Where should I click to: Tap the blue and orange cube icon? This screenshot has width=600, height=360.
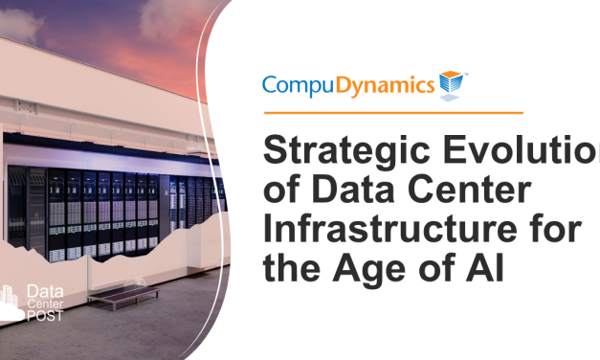[x=450, y=84]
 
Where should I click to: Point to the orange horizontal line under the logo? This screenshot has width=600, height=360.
[x=392, y=113]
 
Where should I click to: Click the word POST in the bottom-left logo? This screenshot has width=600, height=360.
[x=45, y=316]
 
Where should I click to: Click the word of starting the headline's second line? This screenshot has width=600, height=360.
[x=281, y=191]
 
